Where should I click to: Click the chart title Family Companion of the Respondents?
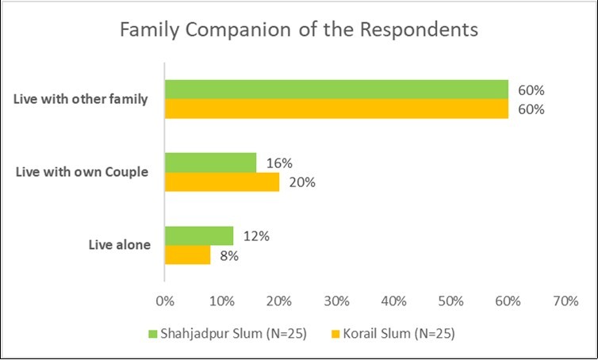click(298, 31)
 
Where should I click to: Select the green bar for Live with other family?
click(335, 89)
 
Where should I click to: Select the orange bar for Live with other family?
click(335, 108)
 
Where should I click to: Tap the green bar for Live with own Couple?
click(210, 163)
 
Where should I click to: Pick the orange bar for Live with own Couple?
click(221, 182)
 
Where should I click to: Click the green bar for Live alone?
click(198, 236)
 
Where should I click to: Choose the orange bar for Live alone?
click(187, 255)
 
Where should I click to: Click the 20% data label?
click(303, 182)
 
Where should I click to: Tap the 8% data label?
click(230, 255)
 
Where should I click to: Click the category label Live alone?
click(119, 246)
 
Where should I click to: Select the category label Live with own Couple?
click(82, 172)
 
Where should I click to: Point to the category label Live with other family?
click(81, 99)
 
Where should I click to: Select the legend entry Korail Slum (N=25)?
click(394, 334)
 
